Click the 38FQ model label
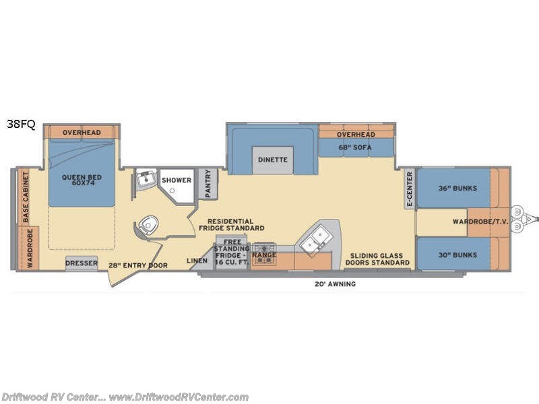click(x=21, y=124)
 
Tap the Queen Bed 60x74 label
click(x=82, y=180)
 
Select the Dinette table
click(x=273, y=160)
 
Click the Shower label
click(x=177, y=180)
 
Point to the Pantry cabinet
click(x=208, y=184)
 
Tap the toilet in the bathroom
click(x=148, y=225)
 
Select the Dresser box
click(x=82, y=263)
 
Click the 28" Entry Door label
click(x=138, y=265)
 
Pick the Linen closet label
click(x=197, y=261)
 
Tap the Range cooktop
click(x=264, y=254)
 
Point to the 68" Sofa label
click(x=355, y=147)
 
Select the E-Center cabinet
click(x=410, y=189)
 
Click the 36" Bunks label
click(x=457, y=189)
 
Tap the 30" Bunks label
click(x=457, y=255)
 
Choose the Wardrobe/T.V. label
click(x=480, y=222)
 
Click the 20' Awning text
click(x=335, y=284)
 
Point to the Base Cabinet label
click(x=26, y=197)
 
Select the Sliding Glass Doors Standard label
click(x=377, y=259)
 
